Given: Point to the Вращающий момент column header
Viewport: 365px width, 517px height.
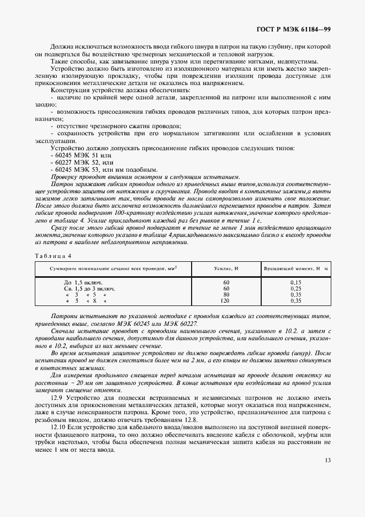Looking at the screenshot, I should (295, 268).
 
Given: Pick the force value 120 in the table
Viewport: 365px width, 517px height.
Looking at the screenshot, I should (225, 300).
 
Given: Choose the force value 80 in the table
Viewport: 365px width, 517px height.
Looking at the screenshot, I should (225, 294).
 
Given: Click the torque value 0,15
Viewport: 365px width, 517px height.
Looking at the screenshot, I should (295, 282).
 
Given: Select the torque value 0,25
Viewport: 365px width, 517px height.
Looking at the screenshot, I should (295, 288).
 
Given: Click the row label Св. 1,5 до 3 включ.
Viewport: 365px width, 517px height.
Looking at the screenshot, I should (89, 288).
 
